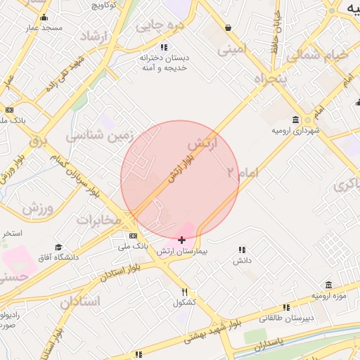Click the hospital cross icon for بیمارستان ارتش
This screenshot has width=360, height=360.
point(182,240)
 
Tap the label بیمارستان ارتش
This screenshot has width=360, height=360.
point(182,251)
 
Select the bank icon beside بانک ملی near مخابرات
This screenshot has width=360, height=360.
point(133,236)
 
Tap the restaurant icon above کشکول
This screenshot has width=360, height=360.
point(185,292)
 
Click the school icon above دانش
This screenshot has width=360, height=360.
point(242,250)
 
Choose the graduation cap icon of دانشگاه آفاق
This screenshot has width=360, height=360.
point(58,247)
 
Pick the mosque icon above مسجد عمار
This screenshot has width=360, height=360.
point(44,18)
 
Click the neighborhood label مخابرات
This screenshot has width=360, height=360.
point(99,220)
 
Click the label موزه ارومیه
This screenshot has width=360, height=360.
point(330,294)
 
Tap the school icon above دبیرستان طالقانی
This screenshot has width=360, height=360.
point(286,307)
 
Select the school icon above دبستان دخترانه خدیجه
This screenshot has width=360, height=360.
point(143,47)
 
